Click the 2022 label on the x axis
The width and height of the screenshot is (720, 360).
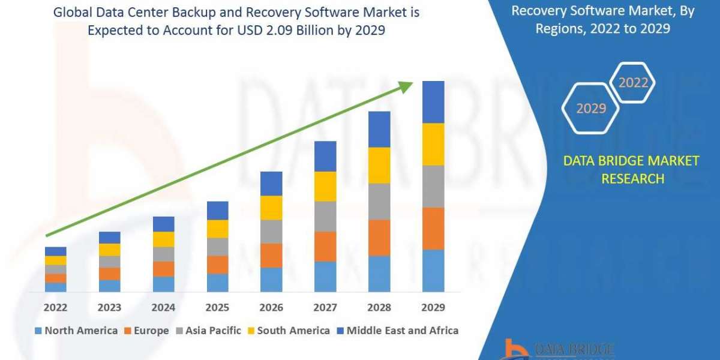(55, 308)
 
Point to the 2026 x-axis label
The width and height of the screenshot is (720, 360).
(271, 308)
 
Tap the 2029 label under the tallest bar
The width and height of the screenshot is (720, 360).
(433, 308)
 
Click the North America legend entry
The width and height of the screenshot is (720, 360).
(76, 331)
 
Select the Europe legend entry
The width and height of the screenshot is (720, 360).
(146, 331)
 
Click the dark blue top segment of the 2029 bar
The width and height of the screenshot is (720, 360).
(433, 102)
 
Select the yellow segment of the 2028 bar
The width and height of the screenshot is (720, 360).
(379, 165)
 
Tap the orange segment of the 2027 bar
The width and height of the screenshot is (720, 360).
(325, 247)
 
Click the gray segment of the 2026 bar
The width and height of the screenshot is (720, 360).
(271, 232)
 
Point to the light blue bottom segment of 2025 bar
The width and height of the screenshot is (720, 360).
(217, 283)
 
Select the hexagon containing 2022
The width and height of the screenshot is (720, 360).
(633, 83)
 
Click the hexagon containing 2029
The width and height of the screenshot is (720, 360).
(590, 109)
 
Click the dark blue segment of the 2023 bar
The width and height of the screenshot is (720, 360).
(109, 238)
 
